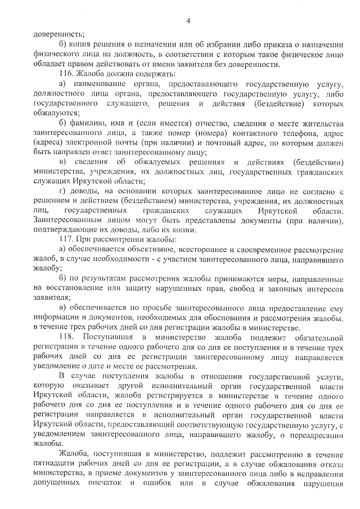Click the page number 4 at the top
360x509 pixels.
[x=188, y=21]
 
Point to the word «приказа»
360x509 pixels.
[x=273, y=45]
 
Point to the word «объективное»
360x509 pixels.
[x=151, y=249]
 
